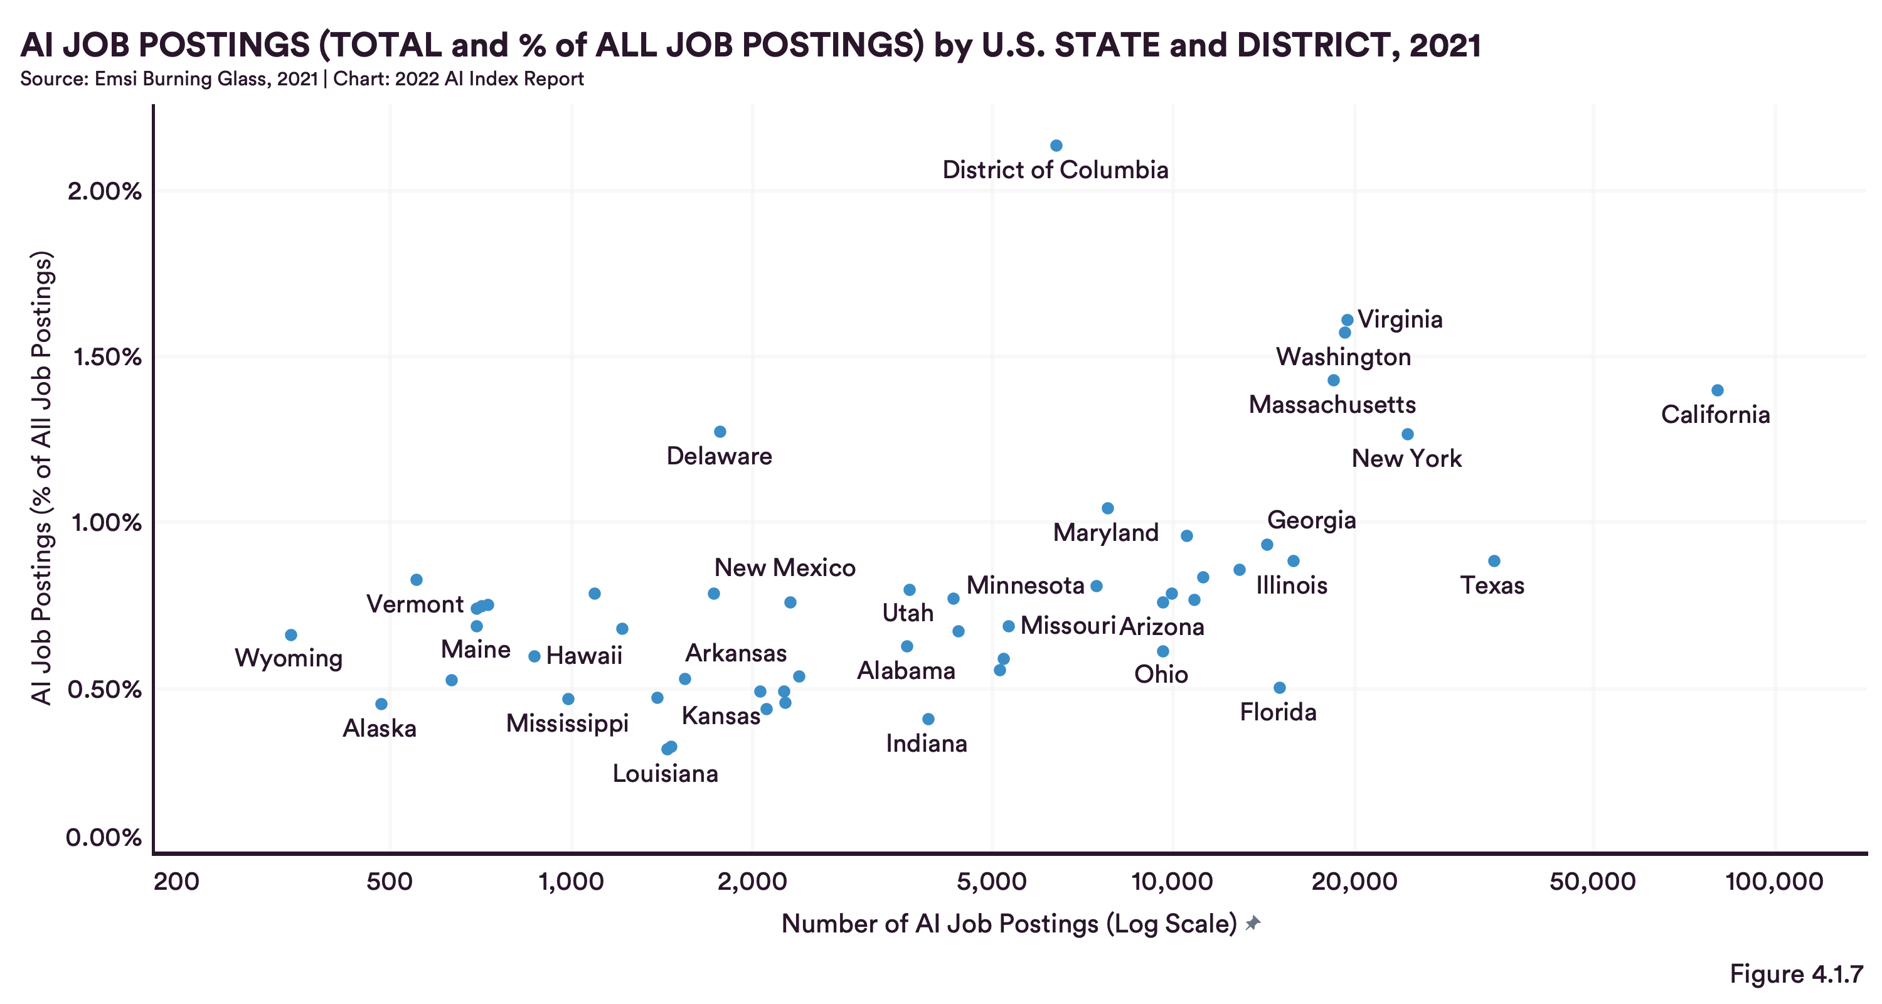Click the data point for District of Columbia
(x=1056, y=146)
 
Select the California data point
(x=1717, y=391)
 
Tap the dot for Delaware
(x=720, y=432)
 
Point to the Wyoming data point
(x=291, y=635)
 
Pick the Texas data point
(x=1494, y=561)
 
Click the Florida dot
(x=1279, y=688)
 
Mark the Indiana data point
(x=928, y=719)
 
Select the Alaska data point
(x=381, y=703)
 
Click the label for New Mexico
(x=785, y=568)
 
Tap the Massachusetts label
(x=1332, y=404)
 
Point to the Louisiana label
(x=665, y=773)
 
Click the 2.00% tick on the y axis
(x=105, y=191)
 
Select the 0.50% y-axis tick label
(x=105, y=689)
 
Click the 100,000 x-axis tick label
(x=1774, y=881)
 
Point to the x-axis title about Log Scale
(x=1008, y=924)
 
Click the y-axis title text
(x=43, y=479)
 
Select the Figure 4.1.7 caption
(x=1796, y=974)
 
